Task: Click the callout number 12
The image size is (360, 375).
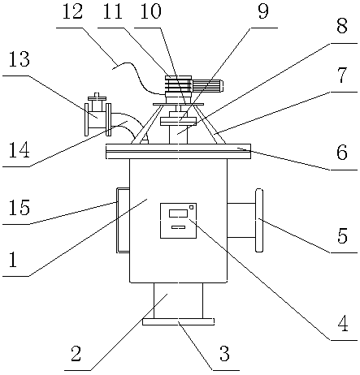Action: [x=72, y=11]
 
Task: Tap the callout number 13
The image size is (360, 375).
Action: [x=19, y=59]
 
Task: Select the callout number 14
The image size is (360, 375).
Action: [x=19, y=150]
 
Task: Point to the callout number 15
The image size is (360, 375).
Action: [x=19, y=208]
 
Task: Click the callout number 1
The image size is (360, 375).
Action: [x=13, y=259]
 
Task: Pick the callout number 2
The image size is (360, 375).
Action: [x=76, y=354]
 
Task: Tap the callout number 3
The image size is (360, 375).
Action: [x=224, y=354]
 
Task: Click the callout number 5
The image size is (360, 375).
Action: [x=342, y=235]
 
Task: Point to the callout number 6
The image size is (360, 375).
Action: [x=342, y=152]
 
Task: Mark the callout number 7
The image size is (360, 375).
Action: [x=342, y=75]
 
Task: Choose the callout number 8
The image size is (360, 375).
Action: [x=342, y=26]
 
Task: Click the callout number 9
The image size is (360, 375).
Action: [x=263, y=11]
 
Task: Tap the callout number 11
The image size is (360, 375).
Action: [x=112, y=11]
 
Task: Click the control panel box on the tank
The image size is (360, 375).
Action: [x=178, y=221]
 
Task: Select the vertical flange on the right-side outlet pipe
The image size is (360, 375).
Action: [x=259, y=220]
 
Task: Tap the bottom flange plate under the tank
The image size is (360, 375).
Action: [x=178, y=321]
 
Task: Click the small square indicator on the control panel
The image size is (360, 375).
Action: [x=192, y=207]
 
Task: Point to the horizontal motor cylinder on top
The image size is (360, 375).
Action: [x=207, y=86]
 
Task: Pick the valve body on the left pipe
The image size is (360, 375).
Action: [x=97, y=116]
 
